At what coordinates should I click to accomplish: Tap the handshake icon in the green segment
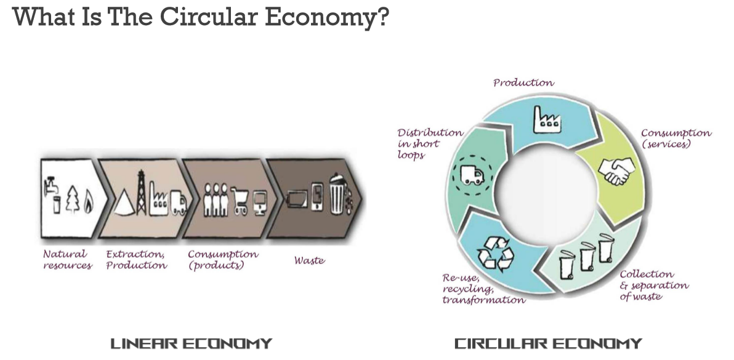click(616, 170)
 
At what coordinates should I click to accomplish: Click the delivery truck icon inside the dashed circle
click(472, 175)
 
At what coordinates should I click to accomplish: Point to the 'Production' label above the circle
click(523, 82)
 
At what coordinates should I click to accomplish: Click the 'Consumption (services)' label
click(676, 138)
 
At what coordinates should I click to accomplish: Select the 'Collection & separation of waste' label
click(654, 285)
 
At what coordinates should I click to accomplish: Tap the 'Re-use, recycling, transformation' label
click(483, 289)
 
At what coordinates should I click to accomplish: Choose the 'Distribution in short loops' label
click(429, 143)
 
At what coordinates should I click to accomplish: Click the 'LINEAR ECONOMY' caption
click(191, 343)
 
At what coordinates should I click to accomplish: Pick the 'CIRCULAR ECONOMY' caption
click(548, 343)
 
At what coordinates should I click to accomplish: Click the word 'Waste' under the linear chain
click(309, 260)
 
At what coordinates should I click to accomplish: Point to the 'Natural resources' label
click(67, 259)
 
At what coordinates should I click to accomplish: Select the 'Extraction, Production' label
click(136, 259)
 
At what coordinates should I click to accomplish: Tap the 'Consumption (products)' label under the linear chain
click(223, 259)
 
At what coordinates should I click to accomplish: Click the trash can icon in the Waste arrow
click(337, 196)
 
